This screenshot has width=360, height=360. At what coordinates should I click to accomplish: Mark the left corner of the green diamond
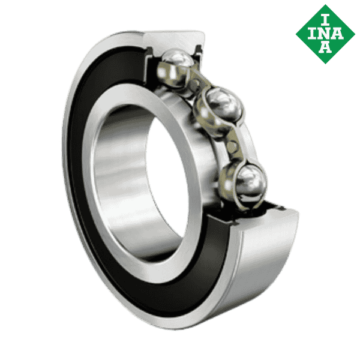coord(298,32)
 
